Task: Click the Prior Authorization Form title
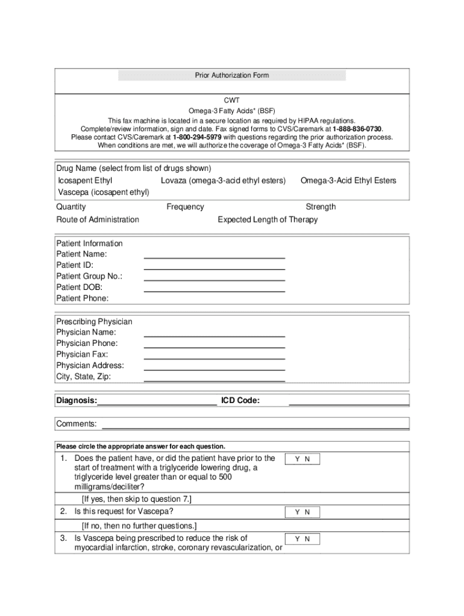[x=232, y=75]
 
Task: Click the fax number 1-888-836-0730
[x=357, y=129]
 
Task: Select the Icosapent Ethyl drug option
[x=85, y=180]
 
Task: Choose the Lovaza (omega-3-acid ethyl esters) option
[x=223, y=180]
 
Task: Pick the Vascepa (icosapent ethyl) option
[x=103, y=192]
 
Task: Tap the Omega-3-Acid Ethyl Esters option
[x=348, y=180]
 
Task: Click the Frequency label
[x=185, y=207]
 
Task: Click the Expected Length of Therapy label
[x=268, y=220]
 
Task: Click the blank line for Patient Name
[x=214, y=257]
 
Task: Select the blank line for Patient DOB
[x=214, y=290]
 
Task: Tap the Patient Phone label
[x=83, y=298]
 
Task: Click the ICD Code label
[x=240, y=401]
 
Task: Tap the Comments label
[x=77, y=424]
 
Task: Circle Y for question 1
[x=297, y=460]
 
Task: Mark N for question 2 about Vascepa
[x=307, y=513]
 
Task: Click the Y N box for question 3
[x=302, y=539]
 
